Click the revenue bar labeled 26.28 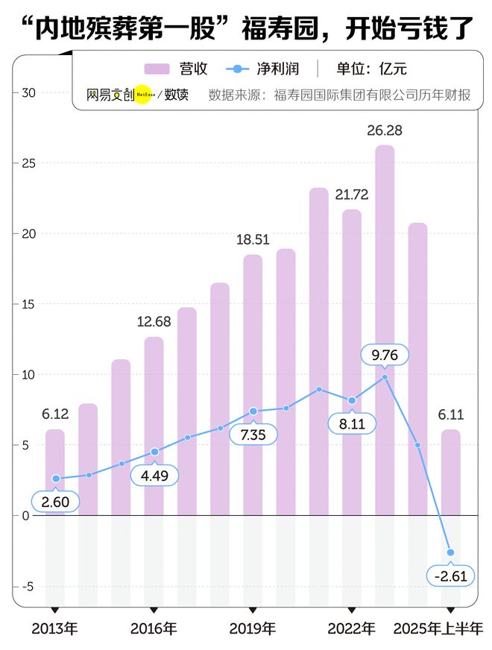point(385,328)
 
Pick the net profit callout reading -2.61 point(450,576)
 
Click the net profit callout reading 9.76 point(385,355)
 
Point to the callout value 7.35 point(253,434)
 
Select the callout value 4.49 point(154,474)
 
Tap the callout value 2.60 point(55,502)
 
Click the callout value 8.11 point(352,423)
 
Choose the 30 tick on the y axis point(28,92)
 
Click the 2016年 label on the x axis point(154,628)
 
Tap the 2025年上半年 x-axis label point(438,628)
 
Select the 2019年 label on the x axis point(252,628)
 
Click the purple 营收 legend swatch point(157,69)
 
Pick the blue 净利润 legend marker point(237,69)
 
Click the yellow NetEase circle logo point(144,95)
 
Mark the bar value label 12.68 point(154,322)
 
